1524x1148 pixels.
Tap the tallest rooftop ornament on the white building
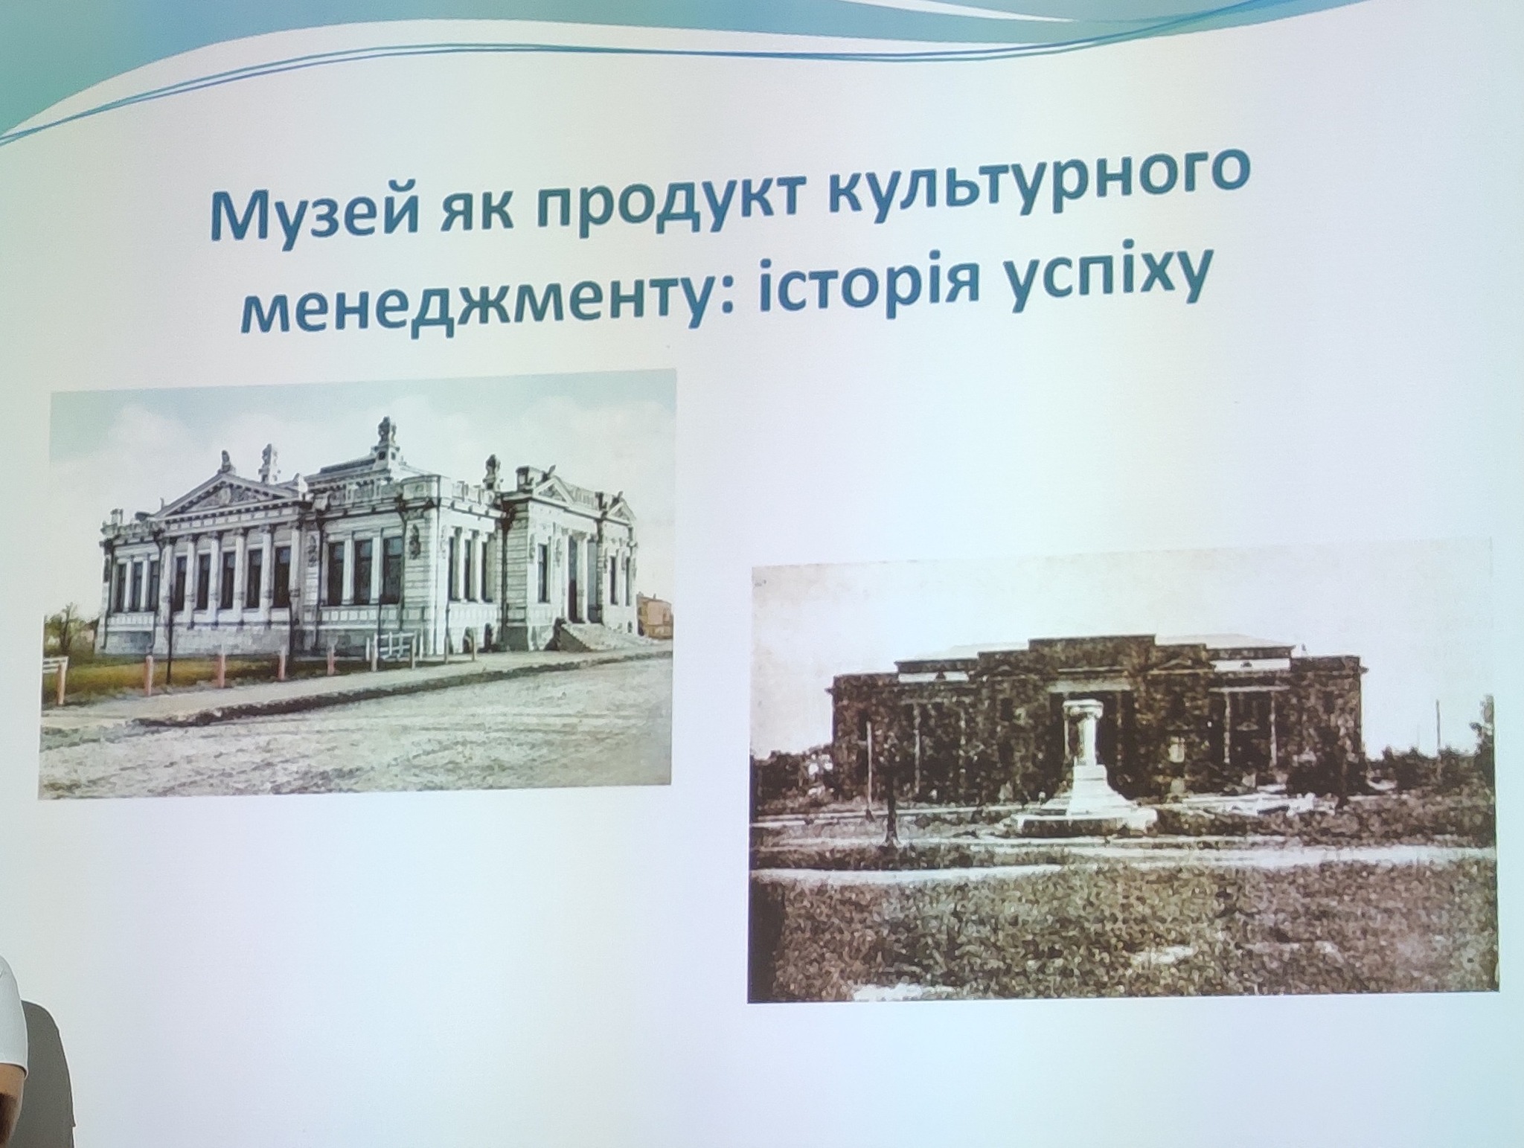coord(384,435)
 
